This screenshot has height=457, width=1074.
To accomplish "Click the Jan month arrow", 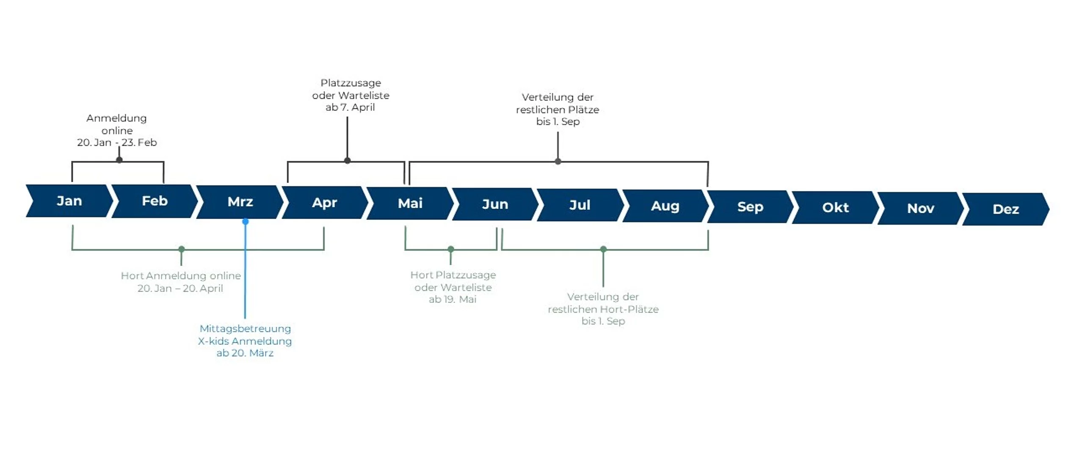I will (x=69, y=201).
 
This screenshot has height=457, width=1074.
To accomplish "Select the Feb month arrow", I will (x=155, y=201).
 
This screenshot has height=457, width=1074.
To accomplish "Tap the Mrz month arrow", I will (x=240, y=202).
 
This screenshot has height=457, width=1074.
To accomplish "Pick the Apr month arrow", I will (x=325, y=203).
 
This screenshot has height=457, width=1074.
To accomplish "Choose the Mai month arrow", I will (x=410, y=204).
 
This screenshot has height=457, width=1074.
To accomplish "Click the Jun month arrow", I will (x=495, y=205).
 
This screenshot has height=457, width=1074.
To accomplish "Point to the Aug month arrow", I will (x=665, y=206).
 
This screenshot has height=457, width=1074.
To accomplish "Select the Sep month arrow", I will (x=750, y=207).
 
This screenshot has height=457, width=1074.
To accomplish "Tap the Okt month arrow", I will (x=835, y=208).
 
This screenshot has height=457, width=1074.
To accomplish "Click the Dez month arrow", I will (x=1005, y=209).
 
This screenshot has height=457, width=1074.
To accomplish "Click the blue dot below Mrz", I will (x=246, y=222).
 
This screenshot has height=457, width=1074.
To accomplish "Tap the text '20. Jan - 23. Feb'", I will (x=117, y=143).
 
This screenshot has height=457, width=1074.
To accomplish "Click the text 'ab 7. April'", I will (x=350, y=107).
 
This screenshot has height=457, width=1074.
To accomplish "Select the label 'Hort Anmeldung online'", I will (x=181, y=276).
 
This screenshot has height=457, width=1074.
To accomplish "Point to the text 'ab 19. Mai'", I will (x=453, y=300).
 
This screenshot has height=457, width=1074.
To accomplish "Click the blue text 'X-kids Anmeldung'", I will (x=245, y=341).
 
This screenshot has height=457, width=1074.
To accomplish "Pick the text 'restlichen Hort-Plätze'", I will (x=603, y=309).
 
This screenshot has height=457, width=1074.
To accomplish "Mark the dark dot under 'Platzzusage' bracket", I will (x=348, y=161).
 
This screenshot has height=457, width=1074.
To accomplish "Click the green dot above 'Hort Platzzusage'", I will (x=451, y=249).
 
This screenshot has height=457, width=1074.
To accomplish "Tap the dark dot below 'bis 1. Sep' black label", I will (x=558, y=162).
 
